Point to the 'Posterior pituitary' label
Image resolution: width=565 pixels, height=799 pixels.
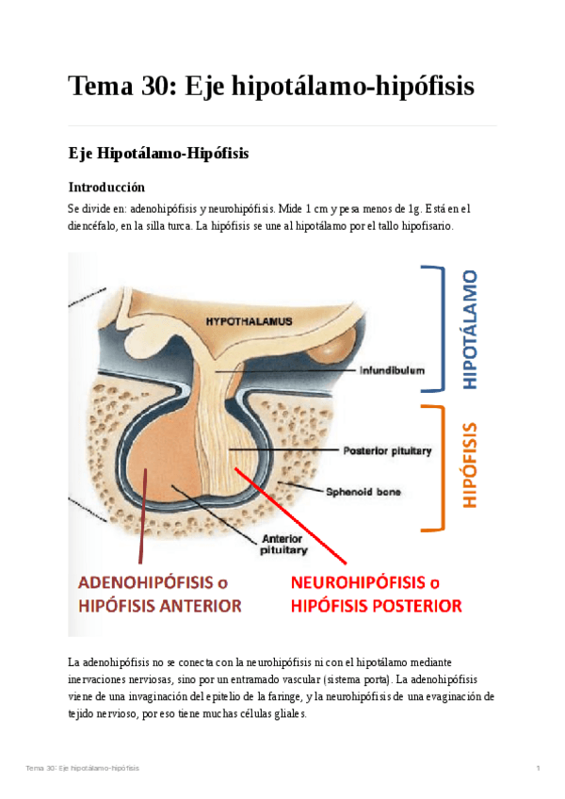click(388, 450)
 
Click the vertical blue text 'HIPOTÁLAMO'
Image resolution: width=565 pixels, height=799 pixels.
click(471, 330)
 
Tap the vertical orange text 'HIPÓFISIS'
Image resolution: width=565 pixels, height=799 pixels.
click(471, 466)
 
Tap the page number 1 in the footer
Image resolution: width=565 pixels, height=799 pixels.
click(537, 769)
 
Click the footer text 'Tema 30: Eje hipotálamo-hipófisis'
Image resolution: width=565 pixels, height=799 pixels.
click(83, 769)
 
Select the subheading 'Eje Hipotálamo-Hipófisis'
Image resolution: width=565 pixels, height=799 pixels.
click(158, 154)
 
